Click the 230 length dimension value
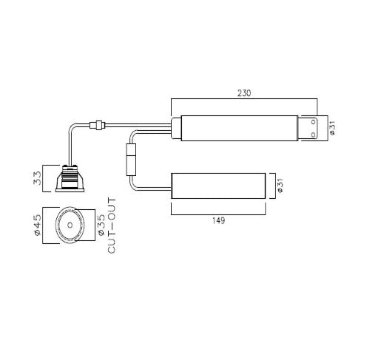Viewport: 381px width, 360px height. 244,93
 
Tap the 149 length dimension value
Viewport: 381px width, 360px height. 218,221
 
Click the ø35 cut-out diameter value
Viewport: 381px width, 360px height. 101,226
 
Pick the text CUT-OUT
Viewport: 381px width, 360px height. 112,226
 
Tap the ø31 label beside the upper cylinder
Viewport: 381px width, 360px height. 332,129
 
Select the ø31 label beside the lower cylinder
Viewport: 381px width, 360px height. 279,186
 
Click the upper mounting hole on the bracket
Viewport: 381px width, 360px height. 314,123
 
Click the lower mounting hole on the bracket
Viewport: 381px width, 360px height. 314,135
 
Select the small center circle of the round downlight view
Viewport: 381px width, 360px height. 70,226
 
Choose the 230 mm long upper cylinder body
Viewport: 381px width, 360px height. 240,129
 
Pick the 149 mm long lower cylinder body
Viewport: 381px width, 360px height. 218,186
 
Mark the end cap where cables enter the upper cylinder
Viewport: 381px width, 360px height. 175,129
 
